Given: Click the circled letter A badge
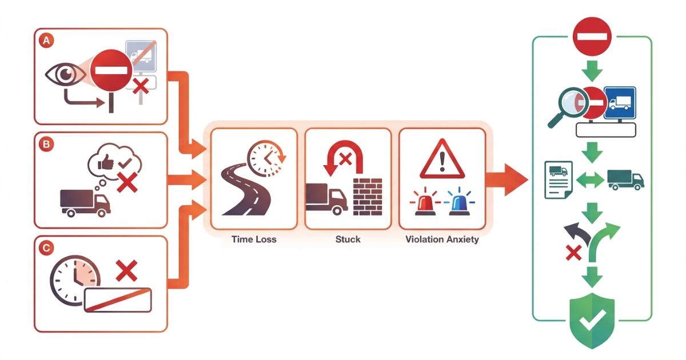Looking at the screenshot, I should coord(45,41).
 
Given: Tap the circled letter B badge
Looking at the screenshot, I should coord(45,145).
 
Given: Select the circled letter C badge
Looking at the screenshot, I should coord(45,249).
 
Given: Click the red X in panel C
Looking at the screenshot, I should coord(126,270).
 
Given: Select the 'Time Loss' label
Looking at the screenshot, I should coord(254,239).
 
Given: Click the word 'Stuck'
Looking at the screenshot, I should coord(348,239).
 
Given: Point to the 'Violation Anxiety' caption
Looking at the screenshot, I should coord(442,239).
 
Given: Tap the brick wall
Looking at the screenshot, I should coord(368,196).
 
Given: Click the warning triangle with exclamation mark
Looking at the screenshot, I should coord(441,160).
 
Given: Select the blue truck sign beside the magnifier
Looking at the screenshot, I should coord(620,103).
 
